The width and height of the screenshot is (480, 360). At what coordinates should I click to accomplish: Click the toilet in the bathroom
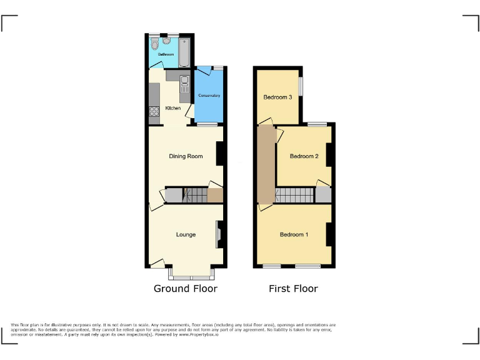pyautogui.click(x=154, y=44)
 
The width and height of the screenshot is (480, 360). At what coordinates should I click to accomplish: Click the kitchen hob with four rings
pyautogui.click(x=154, y=112)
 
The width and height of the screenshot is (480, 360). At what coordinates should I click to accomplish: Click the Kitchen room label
pyautogui.click(x=173, y=108)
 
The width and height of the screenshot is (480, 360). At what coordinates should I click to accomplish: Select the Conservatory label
pyautogui.click(x=209, y=96)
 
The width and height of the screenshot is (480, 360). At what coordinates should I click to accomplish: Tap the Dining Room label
pyautogui.click(x=186, y=156)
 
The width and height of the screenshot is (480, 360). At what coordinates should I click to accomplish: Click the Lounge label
pyautogui.click(x=186, y=235)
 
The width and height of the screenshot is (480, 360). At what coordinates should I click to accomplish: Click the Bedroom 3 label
pyautogui.click(x=277, y=97)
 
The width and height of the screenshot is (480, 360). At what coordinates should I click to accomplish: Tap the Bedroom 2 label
pyautogui.click(x=304, y=156)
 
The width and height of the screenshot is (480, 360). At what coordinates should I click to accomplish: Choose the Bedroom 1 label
pyautogui.click(x=294, y=235)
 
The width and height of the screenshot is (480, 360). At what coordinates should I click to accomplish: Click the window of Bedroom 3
pyautogui.click(x=301, y=86)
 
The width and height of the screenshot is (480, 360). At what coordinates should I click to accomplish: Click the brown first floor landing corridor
pyautogui.click(x=266, y=162)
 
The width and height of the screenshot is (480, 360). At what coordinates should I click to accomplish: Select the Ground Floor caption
pyautogui.click(x=186, y=289)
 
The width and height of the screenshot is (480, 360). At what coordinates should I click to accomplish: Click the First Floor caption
pyautogui.click(x=293, y=289)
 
